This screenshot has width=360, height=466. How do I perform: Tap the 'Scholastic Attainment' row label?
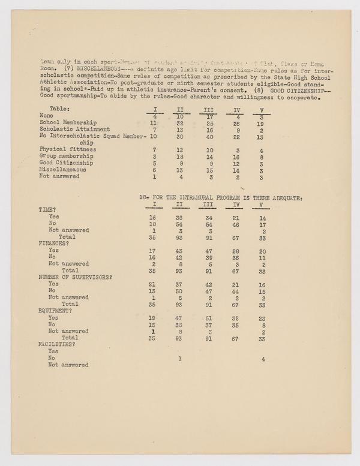(x=74, y=129)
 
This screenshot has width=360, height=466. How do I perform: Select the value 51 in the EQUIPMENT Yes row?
(x=209, y=317)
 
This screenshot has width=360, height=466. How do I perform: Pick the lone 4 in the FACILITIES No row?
(x=263, y=359)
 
